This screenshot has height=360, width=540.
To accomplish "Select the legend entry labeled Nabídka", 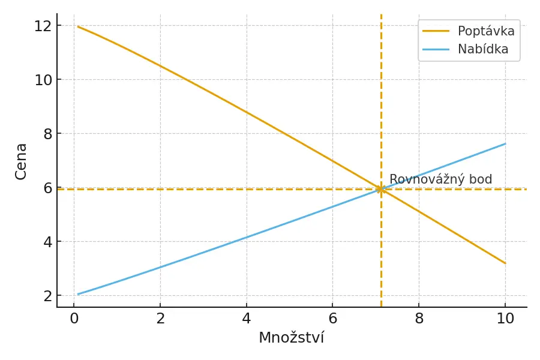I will (483, 49).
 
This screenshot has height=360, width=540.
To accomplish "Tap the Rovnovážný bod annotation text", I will (440, 179).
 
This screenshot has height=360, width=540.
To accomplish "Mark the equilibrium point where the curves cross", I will (380, 189).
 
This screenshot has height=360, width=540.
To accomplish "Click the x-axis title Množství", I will (291, 338).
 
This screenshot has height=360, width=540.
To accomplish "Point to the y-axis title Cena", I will (22, 161).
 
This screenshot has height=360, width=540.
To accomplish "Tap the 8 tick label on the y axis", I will (46, 134).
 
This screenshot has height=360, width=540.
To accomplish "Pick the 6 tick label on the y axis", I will (46, 188).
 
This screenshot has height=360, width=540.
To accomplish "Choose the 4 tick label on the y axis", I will (46, 242).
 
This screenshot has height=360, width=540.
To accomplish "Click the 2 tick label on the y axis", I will (46, 296).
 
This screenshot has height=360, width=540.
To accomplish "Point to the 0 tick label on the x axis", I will (74, 319).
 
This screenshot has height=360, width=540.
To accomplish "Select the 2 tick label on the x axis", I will (160, 319).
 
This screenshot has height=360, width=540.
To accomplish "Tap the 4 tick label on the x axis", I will (247, 319).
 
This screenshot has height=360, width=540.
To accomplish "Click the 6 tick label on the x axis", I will (333, 319).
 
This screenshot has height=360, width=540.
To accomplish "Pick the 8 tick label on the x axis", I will (419, 319).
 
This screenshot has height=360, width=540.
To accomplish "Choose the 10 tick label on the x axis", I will (505, 319).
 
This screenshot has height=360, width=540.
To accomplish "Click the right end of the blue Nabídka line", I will (505, 143).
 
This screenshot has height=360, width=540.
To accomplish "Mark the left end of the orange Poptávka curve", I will (78, 26).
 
